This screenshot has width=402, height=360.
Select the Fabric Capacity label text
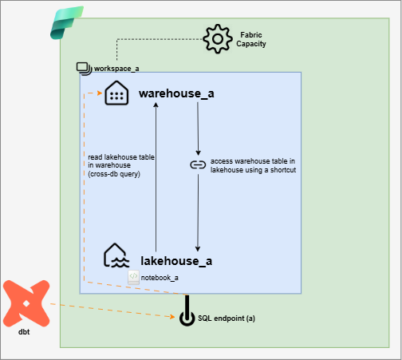tap(252, 39)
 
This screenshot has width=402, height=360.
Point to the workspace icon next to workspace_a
tap(84, 69)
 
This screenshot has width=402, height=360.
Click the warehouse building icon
tap(116, 93)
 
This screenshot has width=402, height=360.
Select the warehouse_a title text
tap(176, 93)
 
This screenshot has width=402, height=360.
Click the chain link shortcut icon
tap(198, 164)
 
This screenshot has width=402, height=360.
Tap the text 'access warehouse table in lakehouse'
tap(254, 164)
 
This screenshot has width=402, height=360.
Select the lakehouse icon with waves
tap(116, 256)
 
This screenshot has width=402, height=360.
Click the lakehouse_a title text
tap(176, 260)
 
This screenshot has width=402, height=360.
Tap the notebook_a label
tap(160, 277)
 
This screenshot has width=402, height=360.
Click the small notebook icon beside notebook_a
tap(134, 277)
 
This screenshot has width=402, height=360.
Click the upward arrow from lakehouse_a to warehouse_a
tap(156, 176)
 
